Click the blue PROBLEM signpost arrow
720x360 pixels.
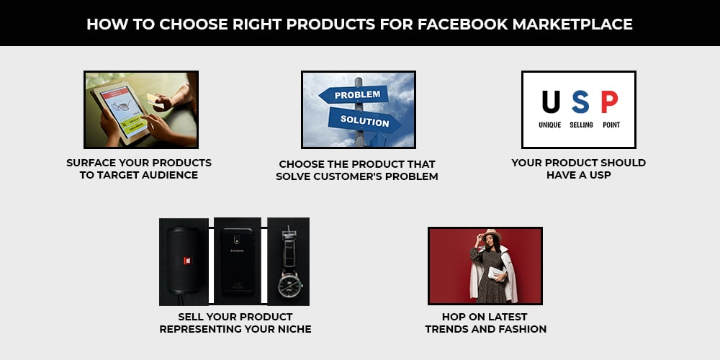coord(354,95)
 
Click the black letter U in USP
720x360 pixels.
coord(551,102)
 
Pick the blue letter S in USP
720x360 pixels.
coord(580,102)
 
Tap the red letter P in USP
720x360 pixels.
coord(609,102)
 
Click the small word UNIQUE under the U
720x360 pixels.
coord(549,125)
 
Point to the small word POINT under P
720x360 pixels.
coord(611,125)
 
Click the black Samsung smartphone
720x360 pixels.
coord(238,261)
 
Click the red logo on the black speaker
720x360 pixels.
coord(187,261)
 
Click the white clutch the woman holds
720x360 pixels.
coord(497,274)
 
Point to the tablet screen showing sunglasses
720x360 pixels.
coord(124,112)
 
